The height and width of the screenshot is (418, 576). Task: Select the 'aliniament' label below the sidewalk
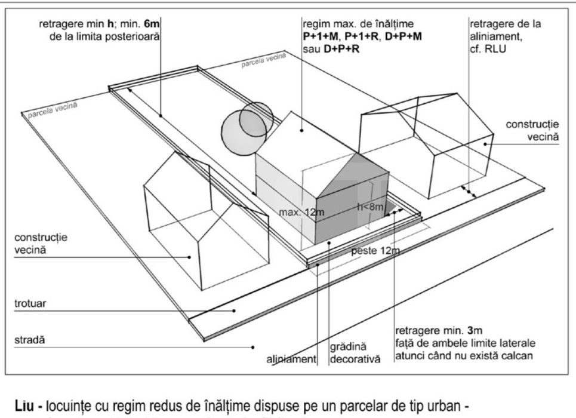291,359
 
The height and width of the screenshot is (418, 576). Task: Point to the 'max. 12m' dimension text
301,213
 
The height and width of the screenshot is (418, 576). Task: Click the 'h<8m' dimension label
369,207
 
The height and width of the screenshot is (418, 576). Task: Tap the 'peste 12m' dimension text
375,251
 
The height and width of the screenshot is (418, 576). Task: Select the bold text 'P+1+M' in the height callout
322,35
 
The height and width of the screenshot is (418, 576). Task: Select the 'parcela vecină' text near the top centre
264,59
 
